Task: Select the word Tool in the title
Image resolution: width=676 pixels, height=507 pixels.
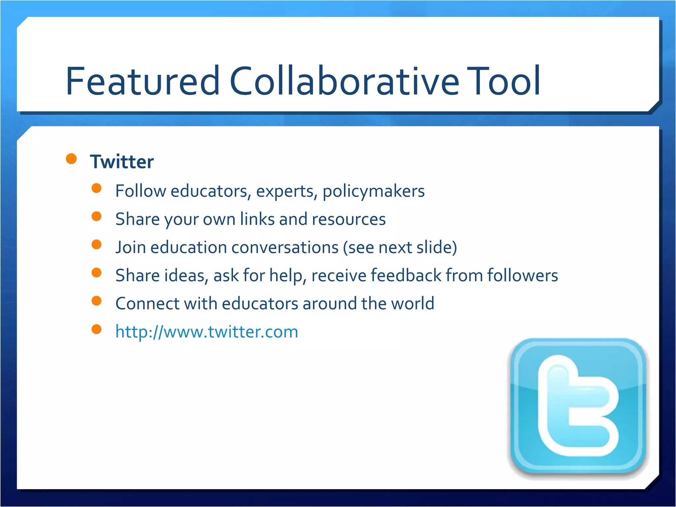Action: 503,81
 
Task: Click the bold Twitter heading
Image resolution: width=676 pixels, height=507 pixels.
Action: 122,162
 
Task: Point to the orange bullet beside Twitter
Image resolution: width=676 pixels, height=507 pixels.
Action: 71,159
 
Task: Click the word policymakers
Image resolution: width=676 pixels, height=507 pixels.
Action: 373,191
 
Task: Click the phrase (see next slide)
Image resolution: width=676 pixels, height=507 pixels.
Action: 400,248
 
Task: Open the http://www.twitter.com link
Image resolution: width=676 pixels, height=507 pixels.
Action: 207,332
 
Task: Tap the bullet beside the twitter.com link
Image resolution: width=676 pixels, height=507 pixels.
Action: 96,329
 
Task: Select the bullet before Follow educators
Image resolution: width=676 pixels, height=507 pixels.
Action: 96,188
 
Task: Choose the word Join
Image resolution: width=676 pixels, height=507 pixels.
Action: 131,248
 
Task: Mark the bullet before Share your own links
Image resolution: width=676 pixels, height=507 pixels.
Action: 96,217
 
